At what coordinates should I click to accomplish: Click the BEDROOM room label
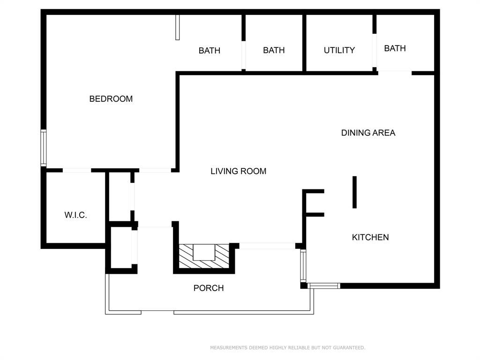(111, 99)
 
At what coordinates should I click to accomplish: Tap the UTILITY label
(339, 50)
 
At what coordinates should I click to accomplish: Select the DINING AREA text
(368, 133)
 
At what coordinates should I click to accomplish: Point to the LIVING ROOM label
(238, 172)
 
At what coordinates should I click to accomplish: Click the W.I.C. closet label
(75, 216)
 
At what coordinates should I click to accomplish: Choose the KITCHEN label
(370, 237)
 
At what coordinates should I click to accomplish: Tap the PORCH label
(209, 288)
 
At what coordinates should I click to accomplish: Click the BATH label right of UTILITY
(395, 48)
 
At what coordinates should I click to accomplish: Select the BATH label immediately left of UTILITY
(274, 50)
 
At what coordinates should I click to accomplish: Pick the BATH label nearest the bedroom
(209, 51)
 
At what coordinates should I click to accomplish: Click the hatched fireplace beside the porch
(204, 257)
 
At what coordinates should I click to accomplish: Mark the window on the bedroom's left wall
(43, 148)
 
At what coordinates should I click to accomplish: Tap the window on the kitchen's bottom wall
(324, 285)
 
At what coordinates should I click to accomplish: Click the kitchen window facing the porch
(303, 266)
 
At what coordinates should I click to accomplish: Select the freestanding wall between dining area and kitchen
(354, 192)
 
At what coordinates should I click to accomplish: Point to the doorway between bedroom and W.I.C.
(76, 170)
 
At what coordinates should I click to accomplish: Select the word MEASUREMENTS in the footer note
(229, 348)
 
